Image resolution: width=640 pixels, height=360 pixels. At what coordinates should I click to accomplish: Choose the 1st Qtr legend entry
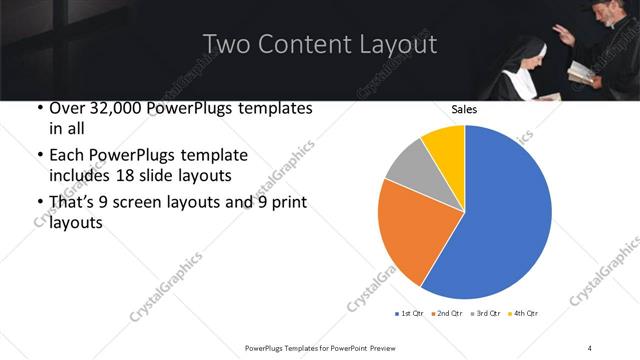pos(409,313)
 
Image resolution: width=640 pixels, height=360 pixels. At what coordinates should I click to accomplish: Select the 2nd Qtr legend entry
pos(447,313)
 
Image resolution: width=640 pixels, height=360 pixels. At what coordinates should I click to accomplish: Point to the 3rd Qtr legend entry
pos(485,313)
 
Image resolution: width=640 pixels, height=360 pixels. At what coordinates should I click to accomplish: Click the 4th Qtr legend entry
pos(523,313)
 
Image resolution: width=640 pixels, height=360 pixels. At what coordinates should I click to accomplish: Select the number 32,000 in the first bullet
pos(115,108)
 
